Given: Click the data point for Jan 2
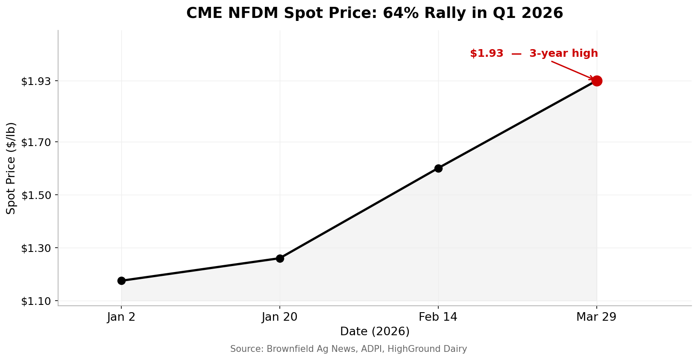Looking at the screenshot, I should [x=121, y=281].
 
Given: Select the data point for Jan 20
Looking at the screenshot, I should [x=280, y=258].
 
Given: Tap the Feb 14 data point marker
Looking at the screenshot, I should [x=438, y=168].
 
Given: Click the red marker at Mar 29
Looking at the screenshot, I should [x=597, y=81].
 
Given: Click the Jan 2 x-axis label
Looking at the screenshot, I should [x=121, y=317].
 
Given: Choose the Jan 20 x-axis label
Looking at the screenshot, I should [x=280, y=317].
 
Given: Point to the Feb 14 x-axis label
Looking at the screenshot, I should [x=438, y=317].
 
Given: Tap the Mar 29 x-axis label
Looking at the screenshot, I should [x=597, y=317].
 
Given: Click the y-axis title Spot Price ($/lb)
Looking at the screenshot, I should [x=11, y=168].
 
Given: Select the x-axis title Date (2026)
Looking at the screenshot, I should [x=375, y=331].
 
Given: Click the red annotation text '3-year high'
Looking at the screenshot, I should [x=563, y=54].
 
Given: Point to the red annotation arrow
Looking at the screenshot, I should [x=572, y=70].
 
